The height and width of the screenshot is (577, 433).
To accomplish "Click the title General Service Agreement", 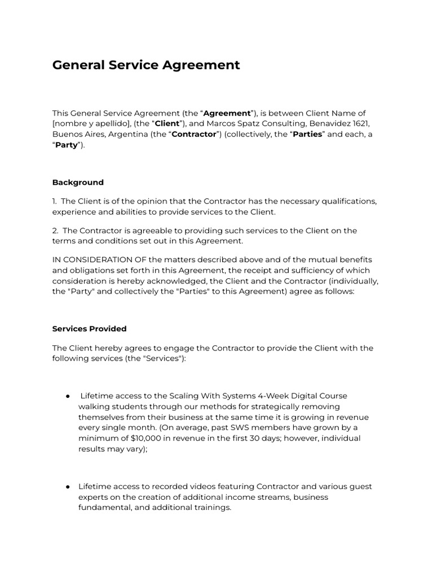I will click(146, 65).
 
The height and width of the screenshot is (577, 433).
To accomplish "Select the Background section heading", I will click(78, 183).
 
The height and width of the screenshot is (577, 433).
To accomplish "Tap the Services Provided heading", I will click(89, 329).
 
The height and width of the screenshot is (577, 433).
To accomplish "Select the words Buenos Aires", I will click(76, 134).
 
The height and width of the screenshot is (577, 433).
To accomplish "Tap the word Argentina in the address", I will click(122, 134).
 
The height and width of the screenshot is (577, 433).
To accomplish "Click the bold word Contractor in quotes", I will click(194, 134).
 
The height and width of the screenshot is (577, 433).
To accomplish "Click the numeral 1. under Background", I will click(55, 201).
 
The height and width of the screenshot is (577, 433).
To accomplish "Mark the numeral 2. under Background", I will click(55, 230).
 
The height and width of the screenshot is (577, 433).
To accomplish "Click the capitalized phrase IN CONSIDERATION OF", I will click(99, 260).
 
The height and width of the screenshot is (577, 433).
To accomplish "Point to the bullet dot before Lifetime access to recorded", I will click(67, 486).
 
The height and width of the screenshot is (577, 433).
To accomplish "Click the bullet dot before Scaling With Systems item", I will click(67, 396).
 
